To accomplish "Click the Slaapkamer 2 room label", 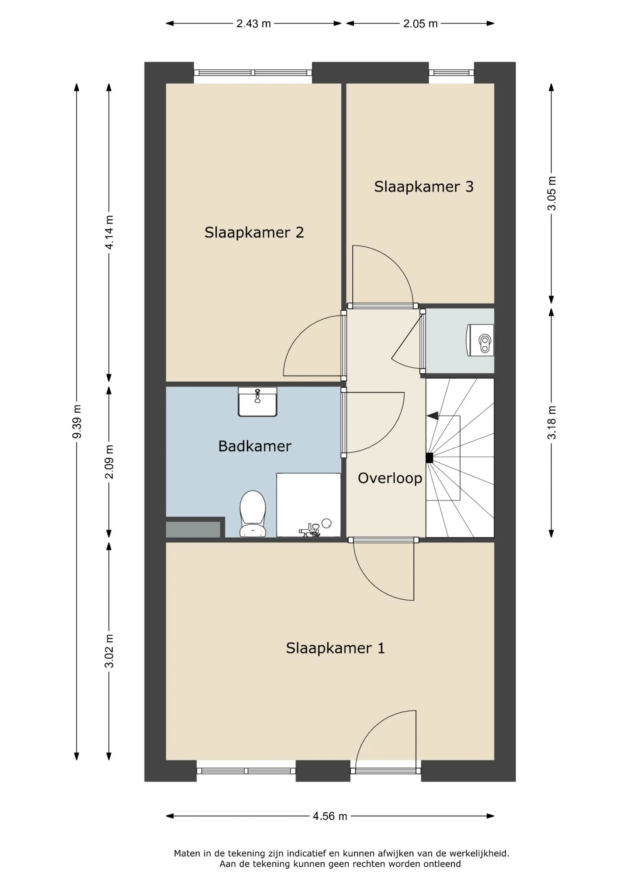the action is [254, 232].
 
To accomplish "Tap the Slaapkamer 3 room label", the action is [424, 186].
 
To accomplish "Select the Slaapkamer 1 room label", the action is [335, 648].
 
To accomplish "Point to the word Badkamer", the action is [255, 446].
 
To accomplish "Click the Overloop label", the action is [390, 478].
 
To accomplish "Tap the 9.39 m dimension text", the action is [77, 422].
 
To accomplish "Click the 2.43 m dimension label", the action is [253, 24].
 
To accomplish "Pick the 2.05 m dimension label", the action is [420, 24].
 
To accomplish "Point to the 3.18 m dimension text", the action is [551, 422].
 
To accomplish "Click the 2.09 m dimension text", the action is [110, 462].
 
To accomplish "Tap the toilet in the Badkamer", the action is [253, 514].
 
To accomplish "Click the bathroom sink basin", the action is [257, 402].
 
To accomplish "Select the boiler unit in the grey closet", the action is [480, 340].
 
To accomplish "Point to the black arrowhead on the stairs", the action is [432, 416].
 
